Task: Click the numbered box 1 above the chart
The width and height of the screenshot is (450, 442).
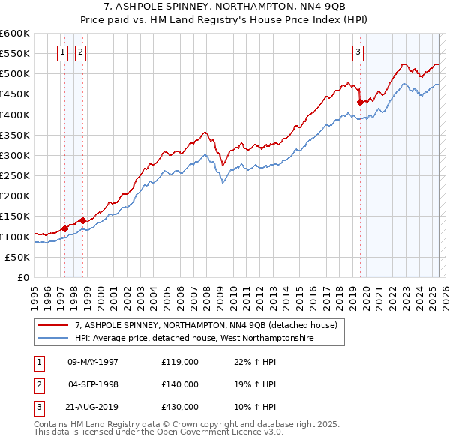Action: pos(61,52)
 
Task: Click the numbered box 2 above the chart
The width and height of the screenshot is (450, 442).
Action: pos(80,52)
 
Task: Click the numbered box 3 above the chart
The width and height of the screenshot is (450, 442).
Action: pos(358,52)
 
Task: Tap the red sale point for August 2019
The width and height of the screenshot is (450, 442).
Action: pos(361,102)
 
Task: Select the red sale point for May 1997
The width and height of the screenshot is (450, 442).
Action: pos(64,228)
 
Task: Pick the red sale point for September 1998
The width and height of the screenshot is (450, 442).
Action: pos(82,220)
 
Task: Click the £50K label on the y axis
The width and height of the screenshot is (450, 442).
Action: pos(18,257)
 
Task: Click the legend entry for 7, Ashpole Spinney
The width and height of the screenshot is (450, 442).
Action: pos(206,325)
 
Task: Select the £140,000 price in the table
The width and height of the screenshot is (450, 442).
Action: pos(179,384)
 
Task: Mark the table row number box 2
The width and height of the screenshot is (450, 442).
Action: pos(39,384)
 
